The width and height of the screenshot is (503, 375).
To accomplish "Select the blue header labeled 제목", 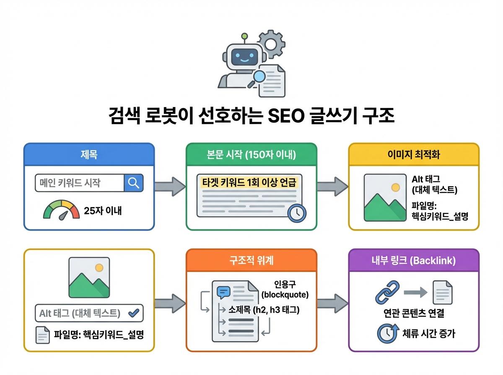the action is click(89, 154).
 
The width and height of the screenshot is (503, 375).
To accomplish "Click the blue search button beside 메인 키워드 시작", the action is click(134, 183).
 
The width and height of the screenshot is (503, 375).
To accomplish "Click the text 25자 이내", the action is click(103, 211).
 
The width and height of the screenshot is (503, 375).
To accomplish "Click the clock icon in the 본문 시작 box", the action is click(297, 212).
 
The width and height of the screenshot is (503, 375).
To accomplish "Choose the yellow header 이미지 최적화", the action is click(414, 154).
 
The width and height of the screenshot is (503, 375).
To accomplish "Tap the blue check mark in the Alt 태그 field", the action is click(133, 313).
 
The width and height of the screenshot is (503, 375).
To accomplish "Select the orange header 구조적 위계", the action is click(251, 261).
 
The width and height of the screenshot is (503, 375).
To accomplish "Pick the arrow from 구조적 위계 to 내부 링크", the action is click(332, 302).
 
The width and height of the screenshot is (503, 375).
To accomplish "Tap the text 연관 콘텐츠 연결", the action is click(414, 313).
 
